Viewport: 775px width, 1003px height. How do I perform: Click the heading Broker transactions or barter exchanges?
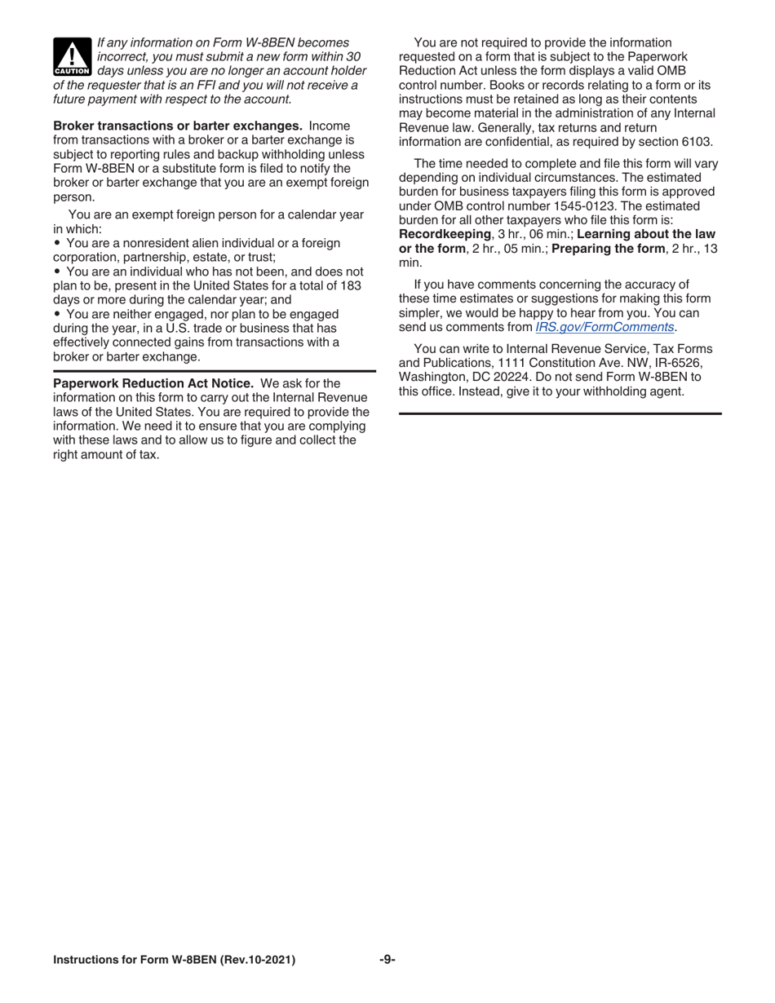pyautogui.click(x=177, y=126)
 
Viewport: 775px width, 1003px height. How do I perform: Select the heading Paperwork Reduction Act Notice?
pyautogui.click(x=153, y=383)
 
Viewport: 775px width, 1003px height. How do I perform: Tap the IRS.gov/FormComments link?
pyautogui.click(x=604, y=327)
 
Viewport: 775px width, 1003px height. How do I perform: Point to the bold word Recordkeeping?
pyautogui.click(x=445, y=234)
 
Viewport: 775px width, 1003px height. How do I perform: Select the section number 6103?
pyautogui.click(x=695, y=141)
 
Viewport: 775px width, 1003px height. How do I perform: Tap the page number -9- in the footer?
pyautogui.click(x=387, y=960)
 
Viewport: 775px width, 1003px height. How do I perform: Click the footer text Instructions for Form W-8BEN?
pyautogui.click(x=174, y=960)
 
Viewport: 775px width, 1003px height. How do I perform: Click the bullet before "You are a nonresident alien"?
pyautogui.click(x=57, y=243)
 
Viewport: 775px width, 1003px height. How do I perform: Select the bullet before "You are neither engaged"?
pyautogui.click(x=57, y=314)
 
